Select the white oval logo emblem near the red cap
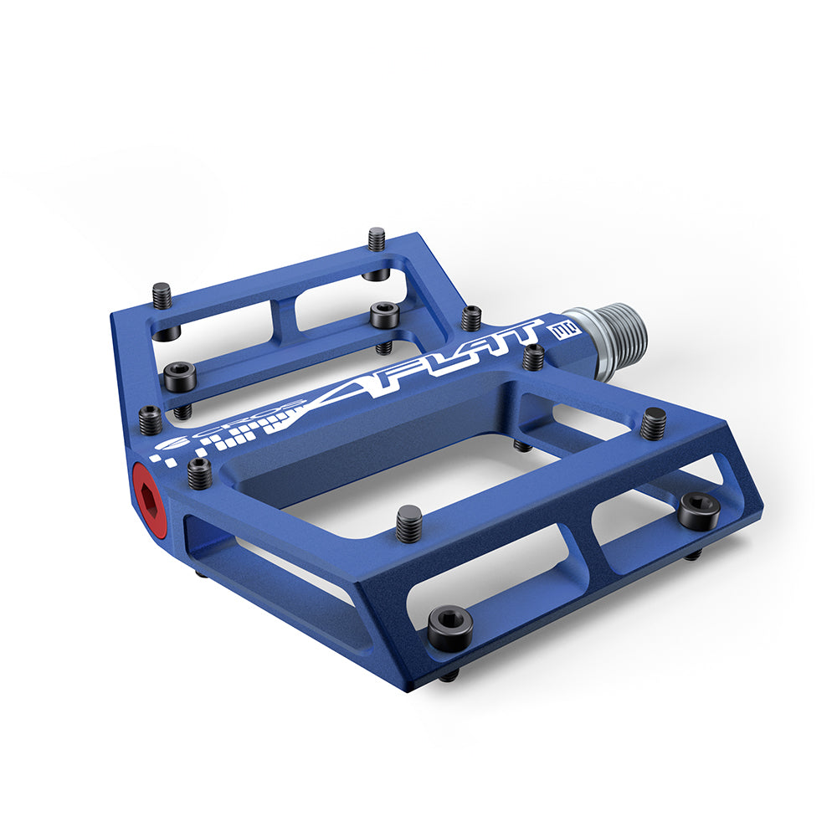[177, 444]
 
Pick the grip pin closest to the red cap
[199, 474]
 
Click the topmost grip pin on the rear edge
[377, 239]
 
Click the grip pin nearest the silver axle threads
[533, 357]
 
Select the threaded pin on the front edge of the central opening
[408, 524]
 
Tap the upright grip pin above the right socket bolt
[653, 424]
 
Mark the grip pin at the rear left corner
[162, 295]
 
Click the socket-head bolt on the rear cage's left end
[179, 376]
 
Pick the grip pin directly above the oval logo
[150, 419]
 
